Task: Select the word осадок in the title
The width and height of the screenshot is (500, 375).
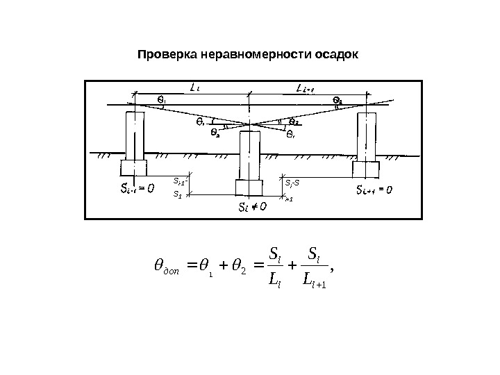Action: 336,54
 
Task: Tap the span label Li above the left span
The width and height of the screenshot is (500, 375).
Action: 195,87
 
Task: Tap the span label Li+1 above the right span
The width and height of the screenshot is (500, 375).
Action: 305,88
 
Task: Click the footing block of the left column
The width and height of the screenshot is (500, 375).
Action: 133,167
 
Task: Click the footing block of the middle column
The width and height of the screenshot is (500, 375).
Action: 249,188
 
